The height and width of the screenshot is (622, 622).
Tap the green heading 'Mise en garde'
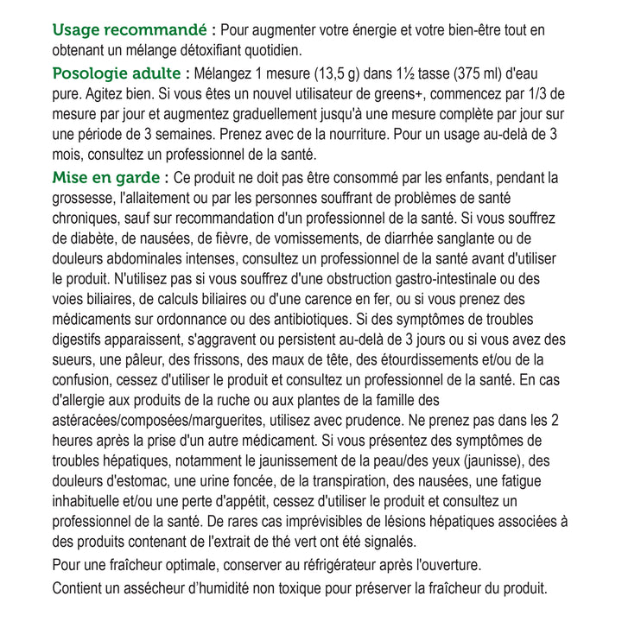(x=106, y=177)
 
